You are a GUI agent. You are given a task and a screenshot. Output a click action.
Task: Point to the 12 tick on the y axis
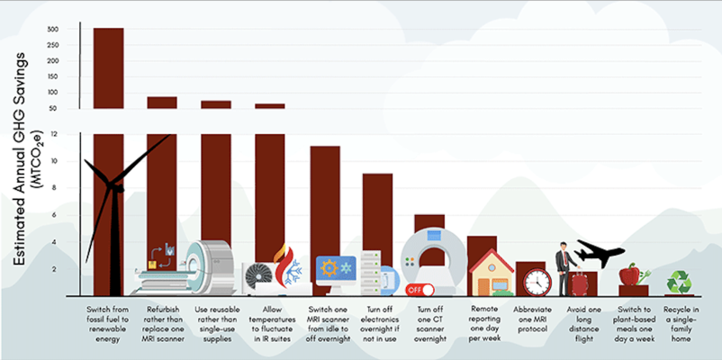point(55,135)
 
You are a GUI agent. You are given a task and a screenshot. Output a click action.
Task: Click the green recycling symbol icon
point(678,283)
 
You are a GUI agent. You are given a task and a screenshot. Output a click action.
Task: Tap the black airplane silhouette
point(600,252)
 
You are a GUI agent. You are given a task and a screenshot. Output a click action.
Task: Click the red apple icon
point(629,273)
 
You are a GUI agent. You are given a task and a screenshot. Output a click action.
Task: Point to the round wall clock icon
point(537,282)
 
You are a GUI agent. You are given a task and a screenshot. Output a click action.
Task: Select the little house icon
point(492,273)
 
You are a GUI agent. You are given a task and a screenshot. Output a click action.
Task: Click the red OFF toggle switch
point(419,290)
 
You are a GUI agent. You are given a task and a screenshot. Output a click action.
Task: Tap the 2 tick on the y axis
point(56,269)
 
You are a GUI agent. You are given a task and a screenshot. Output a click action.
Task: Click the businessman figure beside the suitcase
point(564,268)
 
